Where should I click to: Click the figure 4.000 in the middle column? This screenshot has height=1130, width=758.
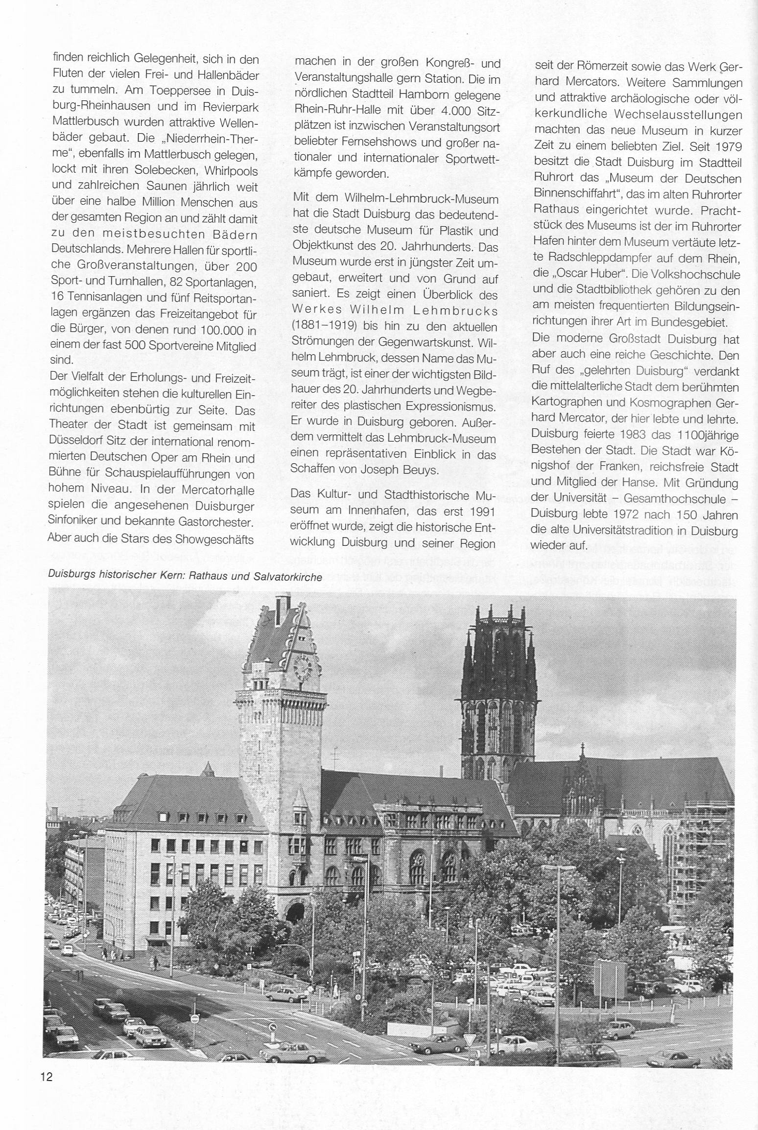(456, 111)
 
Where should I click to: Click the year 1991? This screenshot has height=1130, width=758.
(480, 512)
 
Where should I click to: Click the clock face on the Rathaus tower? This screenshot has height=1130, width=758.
(302, 667)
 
